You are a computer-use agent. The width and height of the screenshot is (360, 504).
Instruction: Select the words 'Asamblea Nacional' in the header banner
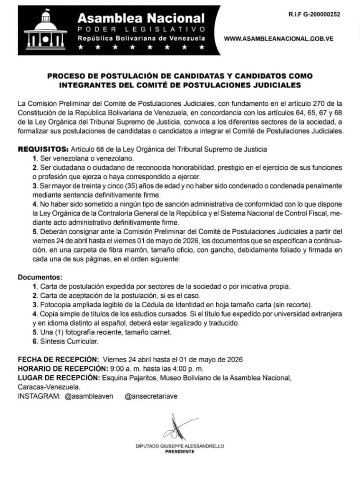141,18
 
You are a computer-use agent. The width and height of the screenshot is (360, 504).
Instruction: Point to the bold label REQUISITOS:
43,148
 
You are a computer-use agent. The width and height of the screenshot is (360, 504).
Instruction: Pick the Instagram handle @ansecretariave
151,395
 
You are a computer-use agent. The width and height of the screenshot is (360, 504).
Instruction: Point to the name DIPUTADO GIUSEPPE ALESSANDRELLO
180,445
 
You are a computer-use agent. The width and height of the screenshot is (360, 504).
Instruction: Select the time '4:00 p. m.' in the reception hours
185,368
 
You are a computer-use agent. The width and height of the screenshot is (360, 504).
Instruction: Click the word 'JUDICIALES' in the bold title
277,85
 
